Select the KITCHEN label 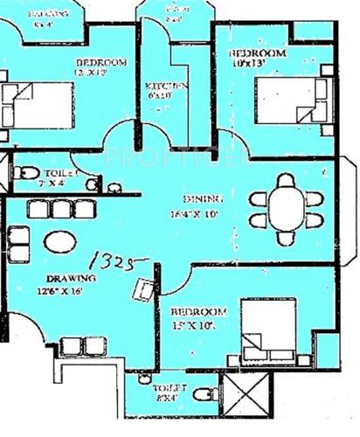point(166,86)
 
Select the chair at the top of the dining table point(286,181)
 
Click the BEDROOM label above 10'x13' point(260,53)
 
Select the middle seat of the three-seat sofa point(56,209)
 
